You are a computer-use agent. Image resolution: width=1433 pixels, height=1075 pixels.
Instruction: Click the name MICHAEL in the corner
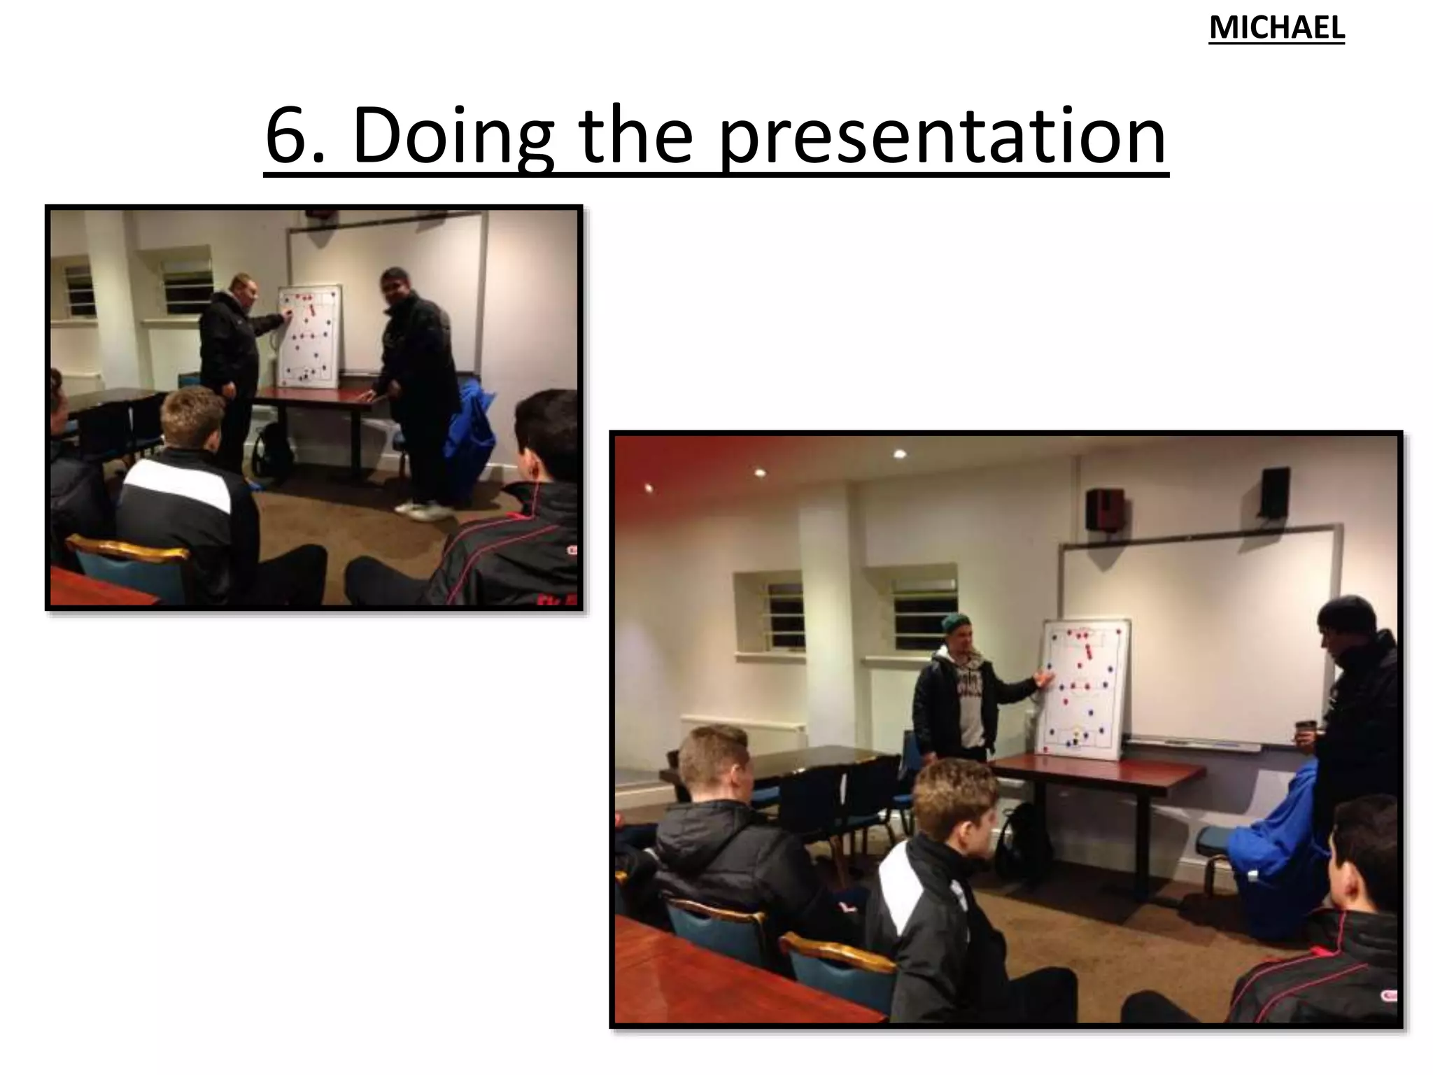click(1276, 29)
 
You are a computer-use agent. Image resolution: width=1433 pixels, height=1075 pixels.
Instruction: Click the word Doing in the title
click(452, 136)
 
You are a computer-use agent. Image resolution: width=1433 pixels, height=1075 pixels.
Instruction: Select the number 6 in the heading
click(288, 136)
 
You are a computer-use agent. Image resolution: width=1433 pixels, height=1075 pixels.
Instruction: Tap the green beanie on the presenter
click(956, 623)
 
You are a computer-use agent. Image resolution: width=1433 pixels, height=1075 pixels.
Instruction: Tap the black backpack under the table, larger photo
click(1021, 839)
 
